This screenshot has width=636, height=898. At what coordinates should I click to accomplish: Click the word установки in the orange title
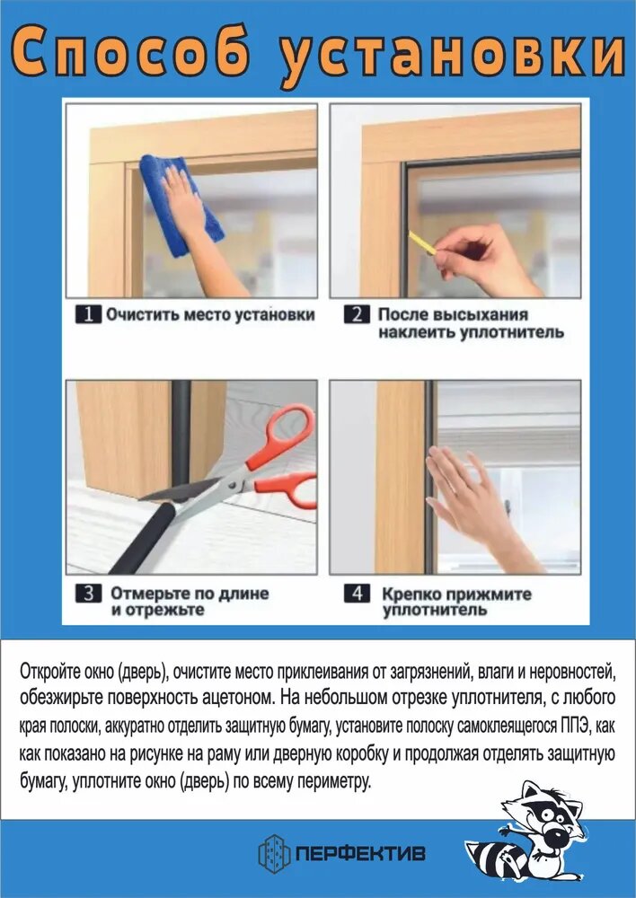452,56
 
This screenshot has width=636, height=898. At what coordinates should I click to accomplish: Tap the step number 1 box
88,314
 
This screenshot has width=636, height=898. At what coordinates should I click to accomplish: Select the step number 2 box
357,314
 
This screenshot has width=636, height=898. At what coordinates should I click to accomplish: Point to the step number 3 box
88,594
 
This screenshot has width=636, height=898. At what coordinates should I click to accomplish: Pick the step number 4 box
357,594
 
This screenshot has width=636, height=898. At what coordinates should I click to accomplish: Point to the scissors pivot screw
233,486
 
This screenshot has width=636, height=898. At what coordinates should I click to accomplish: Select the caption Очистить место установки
210,314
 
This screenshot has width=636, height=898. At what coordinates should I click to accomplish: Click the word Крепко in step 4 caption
411,594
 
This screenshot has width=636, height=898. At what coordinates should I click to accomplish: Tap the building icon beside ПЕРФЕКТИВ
274,852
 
